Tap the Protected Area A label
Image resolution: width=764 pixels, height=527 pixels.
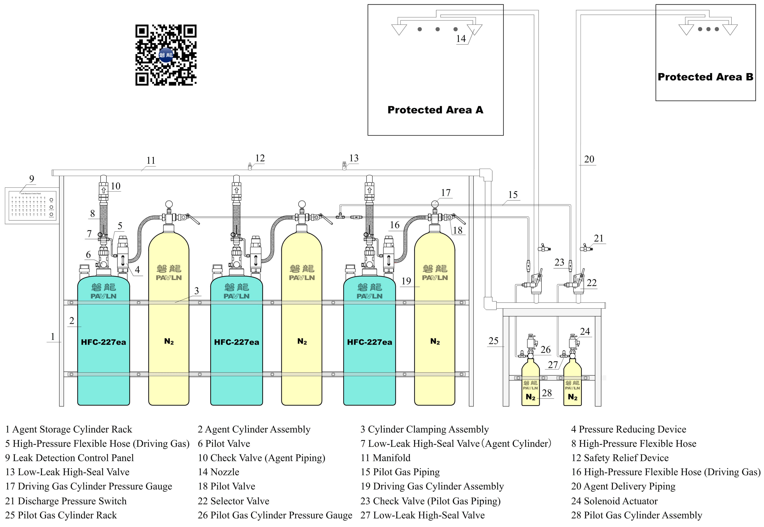pos(435,110)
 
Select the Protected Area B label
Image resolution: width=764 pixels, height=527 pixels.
pos(705,77)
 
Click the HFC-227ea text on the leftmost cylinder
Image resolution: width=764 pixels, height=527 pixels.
pos(103,342)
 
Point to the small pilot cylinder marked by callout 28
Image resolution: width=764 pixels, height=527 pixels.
pos(530,386)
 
